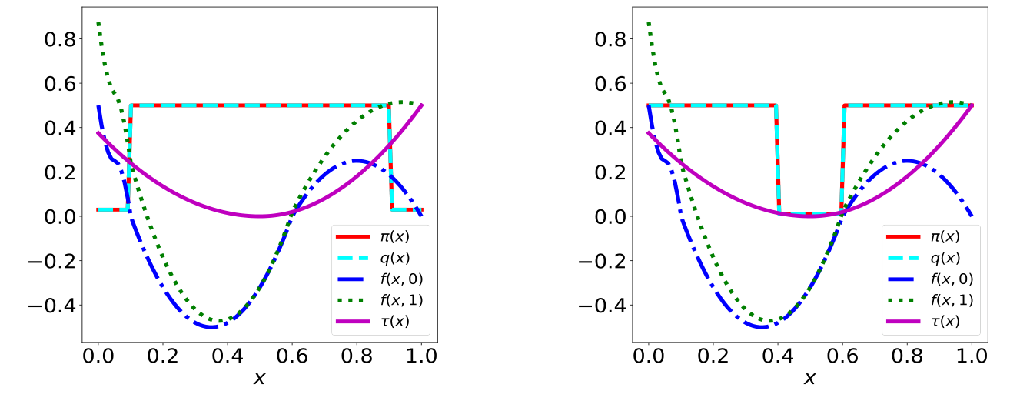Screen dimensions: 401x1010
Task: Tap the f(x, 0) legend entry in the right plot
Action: point(930,277)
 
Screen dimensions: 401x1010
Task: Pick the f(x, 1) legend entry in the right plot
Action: point(930,298)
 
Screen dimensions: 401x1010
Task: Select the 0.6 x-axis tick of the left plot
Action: point(292,356)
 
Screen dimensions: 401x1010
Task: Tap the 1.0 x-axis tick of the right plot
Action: point(972,356)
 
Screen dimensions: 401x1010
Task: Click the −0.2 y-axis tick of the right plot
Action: point(600,261)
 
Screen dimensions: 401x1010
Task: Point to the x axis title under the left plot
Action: point(260,379)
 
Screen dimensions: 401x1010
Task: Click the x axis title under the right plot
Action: point(810,379)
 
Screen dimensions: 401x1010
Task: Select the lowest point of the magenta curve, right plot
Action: point(810,216)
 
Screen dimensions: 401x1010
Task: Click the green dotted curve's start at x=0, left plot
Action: point(98,23)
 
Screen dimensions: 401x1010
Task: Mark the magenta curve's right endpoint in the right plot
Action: point(972,105)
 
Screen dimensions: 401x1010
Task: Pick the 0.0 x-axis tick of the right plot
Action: point(649,356)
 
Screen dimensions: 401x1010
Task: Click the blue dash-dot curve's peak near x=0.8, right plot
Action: point(907,161)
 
